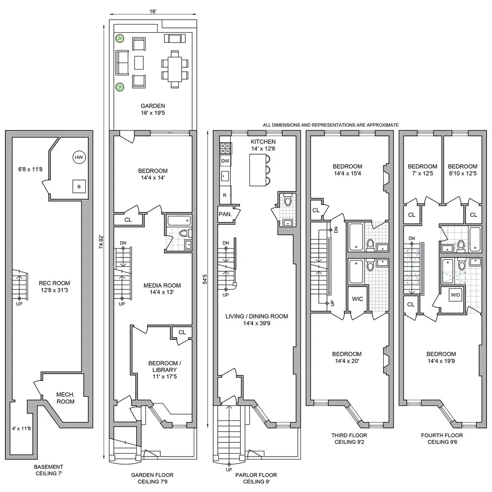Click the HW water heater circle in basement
pos(78,157)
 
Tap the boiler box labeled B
pos(79,187)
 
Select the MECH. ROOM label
pos(66,398)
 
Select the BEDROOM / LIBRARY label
pos(163,369)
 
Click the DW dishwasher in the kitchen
pos(225,161)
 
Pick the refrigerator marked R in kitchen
pos(225,195)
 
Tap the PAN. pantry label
pos(225,214)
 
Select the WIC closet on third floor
pos(358,299)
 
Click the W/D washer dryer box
pos(455,294)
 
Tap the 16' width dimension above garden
pos(153,12)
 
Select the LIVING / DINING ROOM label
pos(256,320)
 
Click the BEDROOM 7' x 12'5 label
pos(422,170)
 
